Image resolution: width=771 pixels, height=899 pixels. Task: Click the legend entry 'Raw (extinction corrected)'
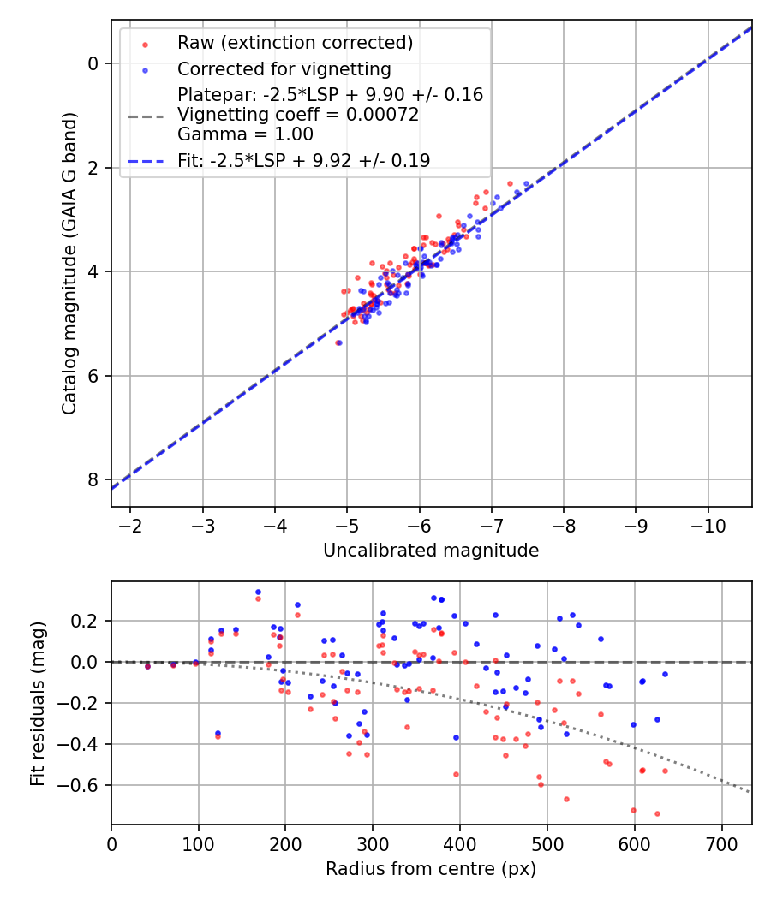(295, 43)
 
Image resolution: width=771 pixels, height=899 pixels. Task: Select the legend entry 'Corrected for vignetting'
(284, 69)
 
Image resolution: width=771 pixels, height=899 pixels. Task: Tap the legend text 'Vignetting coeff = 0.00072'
(298, 115)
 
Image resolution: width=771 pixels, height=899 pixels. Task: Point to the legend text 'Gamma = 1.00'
(245, 134)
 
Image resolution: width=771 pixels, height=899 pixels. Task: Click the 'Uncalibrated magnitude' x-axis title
(431, 551)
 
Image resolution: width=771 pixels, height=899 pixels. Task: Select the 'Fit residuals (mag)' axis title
(38, 704)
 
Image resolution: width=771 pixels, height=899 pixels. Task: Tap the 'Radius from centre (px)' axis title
(431, 869)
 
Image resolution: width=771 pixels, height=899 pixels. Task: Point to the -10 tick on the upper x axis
(708, 522)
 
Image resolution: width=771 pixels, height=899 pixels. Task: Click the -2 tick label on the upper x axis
(130, 522)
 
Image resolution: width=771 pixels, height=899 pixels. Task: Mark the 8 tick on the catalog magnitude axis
(93, 479)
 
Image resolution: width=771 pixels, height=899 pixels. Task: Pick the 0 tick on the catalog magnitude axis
(93, 63)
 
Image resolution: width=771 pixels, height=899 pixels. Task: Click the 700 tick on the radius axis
(721, 842)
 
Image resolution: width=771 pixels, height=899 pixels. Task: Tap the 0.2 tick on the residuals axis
(88, 621)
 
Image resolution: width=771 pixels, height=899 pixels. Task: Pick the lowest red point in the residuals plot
(657, 813)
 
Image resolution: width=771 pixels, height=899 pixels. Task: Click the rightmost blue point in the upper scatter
(527, 184)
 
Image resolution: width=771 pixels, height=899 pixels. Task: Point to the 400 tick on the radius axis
(460, 842)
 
